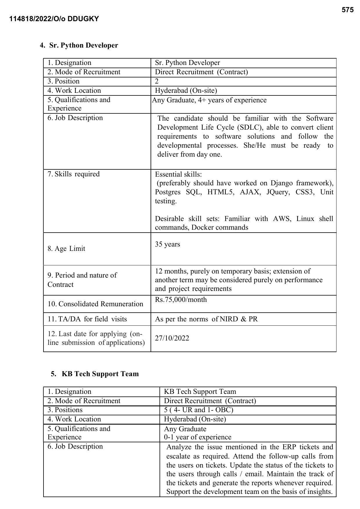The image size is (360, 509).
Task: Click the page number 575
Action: [347, 10]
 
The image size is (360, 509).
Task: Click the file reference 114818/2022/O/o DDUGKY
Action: [54, 19]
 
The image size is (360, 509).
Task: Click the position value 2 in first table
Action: [157, 81]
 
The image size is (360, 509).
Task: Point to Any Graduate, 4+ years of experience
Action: [209, 100]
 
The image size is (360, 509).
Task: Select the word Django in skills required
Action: [281, 183]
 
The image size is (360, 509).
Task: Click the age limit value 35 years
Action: [167, 244]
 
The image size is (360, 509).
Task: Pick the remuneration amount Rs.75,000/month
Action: [181, 300]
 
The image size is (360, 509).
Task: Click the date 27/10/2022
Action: [172, 338]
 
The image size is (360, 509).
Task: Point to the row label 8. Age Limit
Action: [66, 249]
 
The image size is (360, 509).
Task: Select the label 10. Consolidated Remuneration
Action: [95, 304]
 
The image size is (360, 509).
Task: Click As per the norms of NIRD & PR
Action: [206, 319]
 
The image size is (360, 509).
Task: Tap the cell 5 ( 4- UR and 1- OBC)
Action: [198, 410]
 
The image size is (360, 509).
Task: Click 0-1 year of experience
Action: [198, 437]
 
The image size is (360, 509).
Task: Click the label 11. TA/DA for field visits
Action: [87, 319]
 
